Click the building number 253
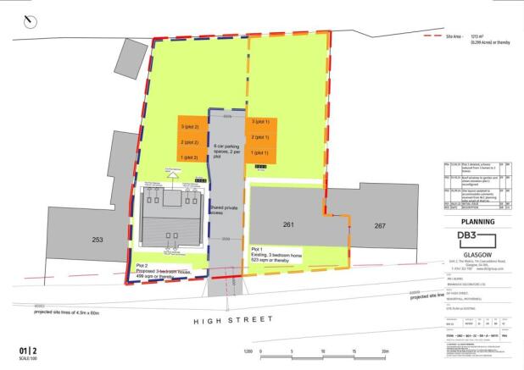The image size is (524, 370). click(x=98, y=240)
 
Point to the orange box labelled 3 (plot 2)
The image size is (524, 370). click(x=189, y=127)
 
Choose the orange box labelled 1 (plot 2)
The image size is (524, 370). click(x=189, y=157)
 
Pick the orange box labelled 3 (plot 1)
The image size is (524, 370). click(x=259, y=124)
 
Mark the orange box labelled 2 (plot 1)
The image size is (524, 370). click(x=259, y=138)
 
